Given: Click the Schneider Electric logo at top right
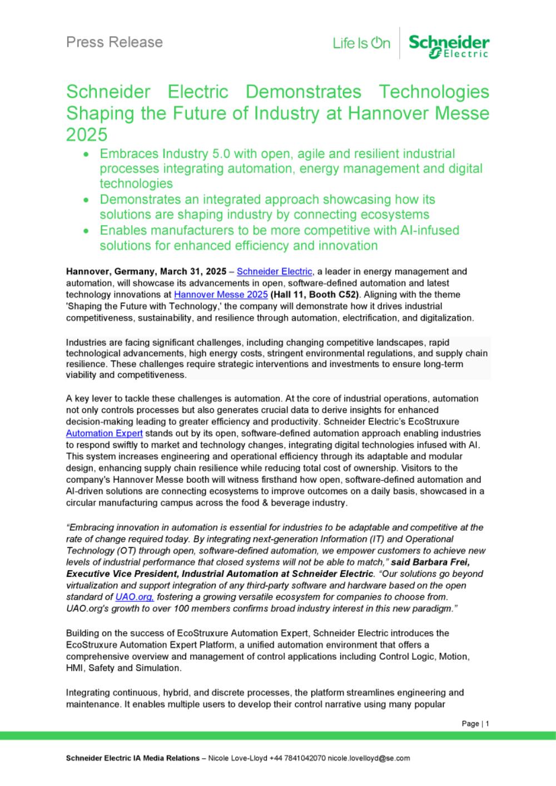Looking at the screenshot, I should point(449,45).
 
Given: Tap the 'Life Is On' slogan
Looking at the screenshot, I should point(361,43).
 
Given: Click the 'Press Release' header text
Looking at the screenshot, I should point(115,42).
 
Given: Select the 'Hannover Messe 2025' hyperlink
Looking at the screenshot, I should point(221,295).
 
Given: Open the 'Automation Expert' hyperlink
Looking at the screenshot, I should point(105,433).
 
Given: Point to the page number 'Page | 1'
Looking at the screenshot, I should point(475,724).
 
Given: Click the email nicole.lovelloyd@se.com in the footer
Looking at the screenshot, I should point(369,758).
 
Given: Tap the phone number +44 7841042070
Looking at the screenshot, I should point(297,758).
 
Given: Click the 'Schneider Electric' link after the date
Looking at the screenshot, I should point(275,271).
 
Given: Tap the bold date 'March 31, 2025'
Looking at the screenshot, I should point(193,271).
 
